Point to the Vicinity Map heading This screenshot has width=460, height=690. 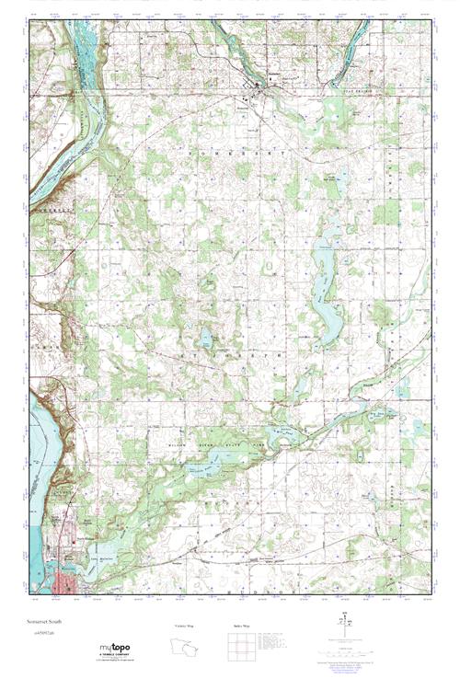(184, 627)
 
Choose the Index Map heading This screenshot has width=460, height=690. (241, 627)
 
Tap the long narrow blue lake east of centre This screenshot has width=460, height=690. (322, 285)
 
